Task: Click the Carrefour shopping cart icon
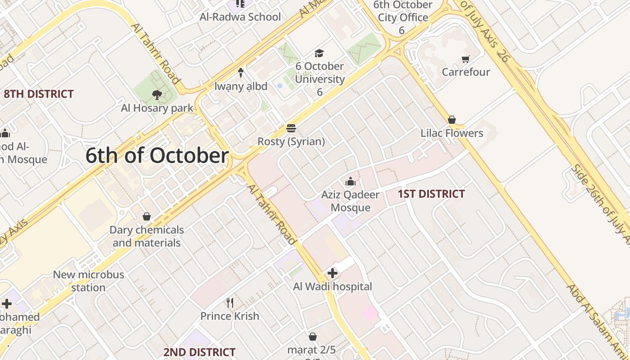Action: tap(466, 59)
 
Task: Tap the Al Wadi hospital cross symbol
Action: tap(333, 273)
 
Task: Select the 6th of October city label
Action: tap(157, 156)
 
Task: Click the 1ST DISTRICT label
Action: tap(431, 194)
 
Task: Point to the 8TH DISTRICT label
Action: tap(38, 94)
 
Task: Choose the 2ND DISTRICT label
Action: tap(199, 352)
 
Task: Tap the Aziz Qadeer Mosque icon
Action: tap(350, 182)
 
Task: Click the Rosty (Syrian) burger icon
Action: tap(291, 129)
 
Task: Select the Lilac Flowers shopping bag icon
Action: tap(452, 120)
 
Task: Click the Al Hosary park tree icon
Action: tap(157, 95)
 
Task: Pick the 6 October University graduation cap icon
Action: tap(319, 53)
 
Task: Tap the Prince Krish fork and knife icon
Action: tap(230, 302)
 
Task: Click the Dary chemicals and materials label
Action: tap(147, 236)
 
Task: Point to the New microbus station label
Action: tap(88, 281)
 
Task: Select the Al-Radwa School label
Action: tap(240, 17)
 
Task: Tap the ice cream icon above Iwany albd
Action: tap(241, 72)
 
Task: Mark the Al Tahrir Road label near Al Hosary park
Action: tap(156, 53)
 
